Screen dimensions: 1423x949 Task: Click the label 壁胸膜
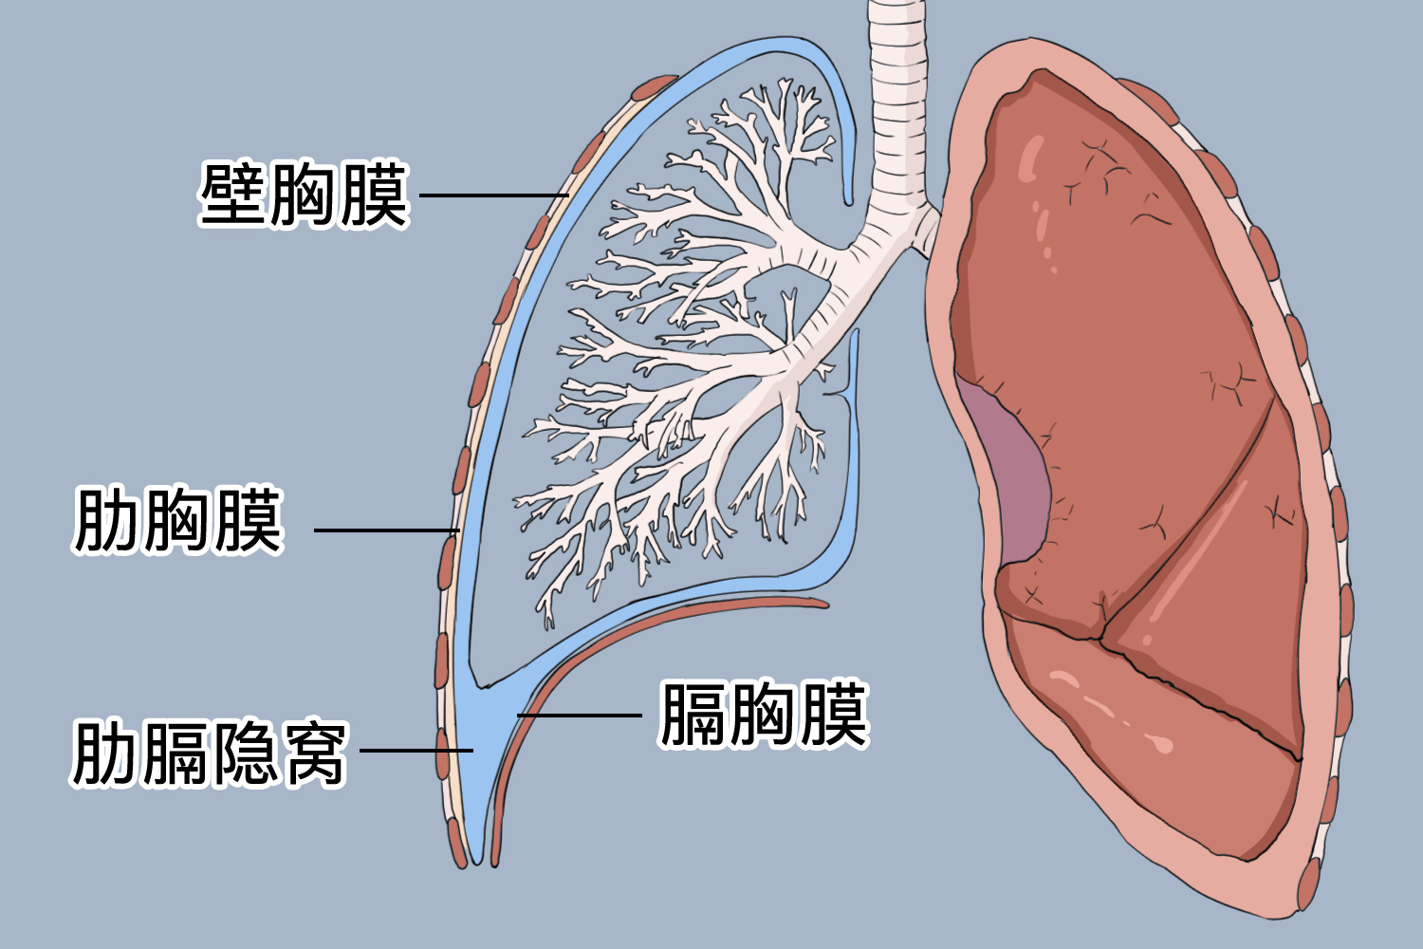pos(305,195)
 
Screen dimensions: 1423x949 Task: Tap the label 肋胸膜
pos(178,521)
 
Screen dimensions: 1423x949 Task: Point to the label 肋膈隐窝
pos(210,753)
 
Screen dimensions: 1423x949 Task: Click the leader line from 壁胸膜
pos(494,195)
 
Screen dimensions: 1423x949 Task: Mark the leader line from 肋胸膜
pos(387,530)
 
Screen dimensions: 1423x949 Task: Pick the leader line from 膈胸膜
pos(580,716)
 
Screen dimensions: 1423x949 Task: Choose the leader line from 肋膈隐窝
pos(416,750)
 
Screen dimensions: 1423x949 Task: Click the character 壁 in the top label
pos(231,195)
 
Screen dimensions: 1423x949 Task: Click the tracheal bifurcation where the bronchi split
pos(855,245)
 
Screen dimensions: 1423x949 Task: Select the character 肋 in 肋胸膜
pos(105,521)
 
